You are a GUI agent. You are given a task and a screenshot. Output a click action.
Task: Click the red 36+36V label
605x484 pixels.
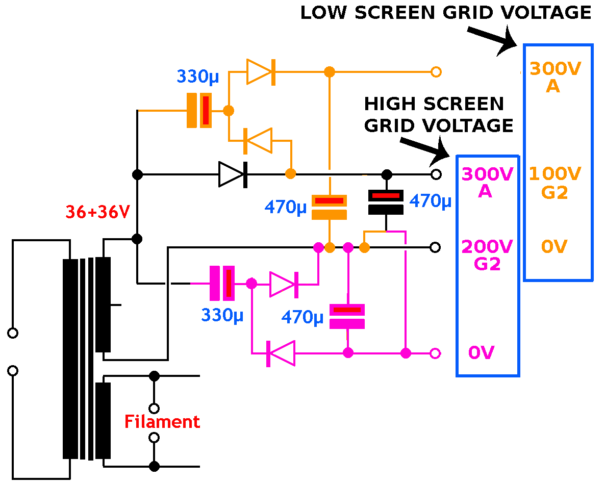pyautogui.click(x=97, y=212)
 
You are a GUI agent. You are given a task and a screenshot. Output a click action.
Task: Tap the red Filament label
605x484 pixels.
pyautogui.click(x=162, y=422)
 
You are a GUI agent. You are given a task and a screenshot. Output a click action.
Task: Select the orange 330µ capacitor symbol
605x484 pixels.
pyautogui.click(x=199, y=110)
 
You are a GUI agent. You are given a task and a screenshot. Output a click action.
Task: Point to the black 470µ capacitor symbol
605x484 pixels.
pyautogui.click(x=386, y=202)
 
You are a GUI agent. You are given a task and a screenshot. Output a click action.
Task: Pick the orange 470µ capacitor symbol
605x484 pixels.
pyautogui.click(x=330, y=207)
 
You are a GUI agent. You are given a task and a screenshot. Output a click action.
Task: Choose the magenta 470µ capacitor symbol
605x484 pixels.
pyautogui.click(x=347, y=316)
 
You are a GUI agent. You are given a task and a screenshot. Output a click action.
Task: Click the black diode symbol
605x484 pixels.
pyautogui.click(x=233, y=174)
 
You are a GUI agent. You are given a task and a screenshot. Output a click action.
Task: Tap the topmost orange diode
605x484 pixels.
pyautogui.click(x=261, y=71)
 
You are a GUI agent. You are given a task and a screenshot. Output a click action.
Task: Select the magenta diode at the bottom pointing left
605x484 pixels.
pyautogui.click(x=281, y=353)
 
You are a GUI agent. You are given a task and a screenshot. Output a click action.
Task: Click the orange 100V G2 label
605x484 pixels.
pyautogui.click(x=554, y=183)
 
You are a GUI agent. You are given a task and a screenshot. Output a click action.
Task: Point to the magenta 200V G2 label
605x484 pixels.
pyautogui.click(x=487, y=255)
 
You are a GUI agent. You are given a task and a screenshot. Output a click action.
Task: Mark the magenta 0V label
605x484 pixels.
pyautogui.click(x=482, y=352)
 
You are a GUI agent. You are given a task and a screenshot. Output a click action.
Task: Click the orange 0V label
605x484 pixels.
pyautogui.click(x=554, y=247)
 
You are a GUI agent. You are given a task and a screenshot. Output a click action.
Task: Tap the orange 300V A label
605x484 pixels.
pyautogui.click(x=555, y=77)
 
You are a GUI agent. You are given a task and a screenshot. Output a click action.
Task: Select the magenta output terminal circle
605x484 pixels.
pyautogui.click(x=435, y=353)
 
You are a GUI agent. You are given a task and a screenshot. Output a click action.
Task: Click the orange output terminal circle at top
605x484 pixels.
pyautogui.click(x=436, y=71)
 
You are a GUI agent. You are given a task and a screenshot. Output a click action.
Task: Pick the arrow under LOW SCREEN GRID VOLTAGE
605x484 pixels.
pyautogui.click(x=493, y=40)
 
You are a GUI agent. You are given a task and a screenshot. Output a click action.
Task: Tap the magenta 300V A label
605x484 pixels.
pyautogui.click(x=487, y=183)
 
